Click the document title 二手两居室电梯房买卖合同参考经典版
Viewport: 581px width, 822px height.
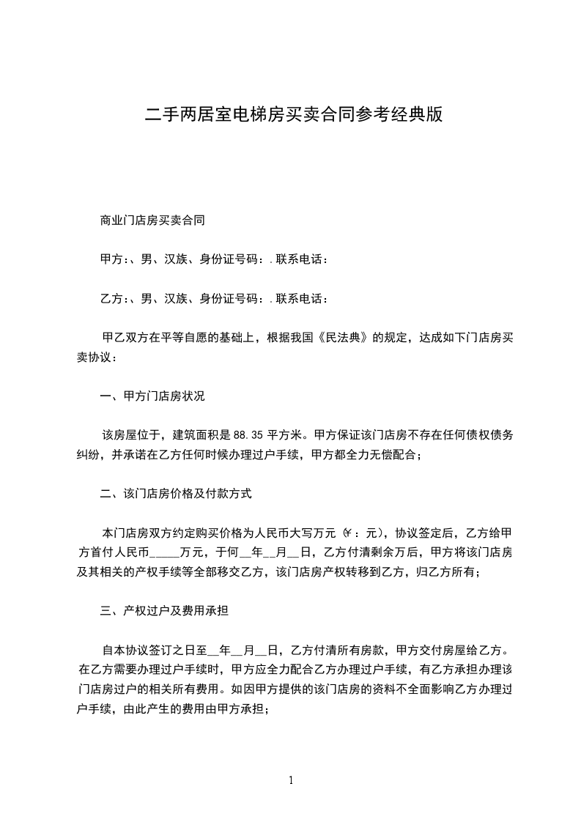click(294, 115)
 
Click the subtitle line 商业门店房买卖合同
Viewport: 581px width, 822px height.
click(152, 219)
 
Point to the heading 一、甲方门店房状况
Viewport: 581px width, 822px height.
click(152, 396)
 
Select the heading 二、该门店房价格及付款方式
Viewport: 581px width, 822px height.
click(175, 493)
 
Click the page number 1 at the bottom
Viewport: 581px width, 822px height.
click(291, 780)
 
